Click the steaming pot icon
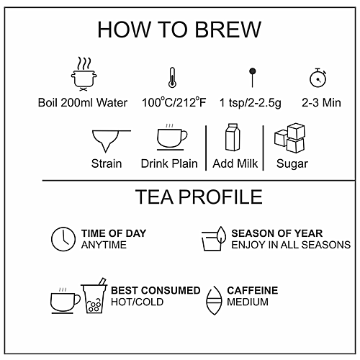click(x=84, y=74)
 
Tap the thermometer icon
click(x=172, y=77)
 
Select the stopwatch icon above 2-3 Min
click(x=318, y=78)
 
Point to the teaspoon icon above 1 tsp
click(x=252, y=78)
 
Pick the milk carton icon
click(x=233, y=138)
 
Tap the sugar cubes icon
click(x=290, y=138)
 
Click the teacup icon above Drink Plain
click(x=172, y=137)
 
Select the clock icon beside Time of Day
click(x=63, y=239)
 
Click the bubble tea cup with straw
click(x=94, y=296)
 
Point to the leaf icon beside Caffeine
click(x=214, y=300)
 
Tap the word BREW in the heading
click(x=228, y=30)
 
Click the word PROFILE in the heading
click(x=220, y=197)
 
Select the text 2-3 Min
click(x=321, y=103)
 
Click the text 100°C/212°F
click(x=174, y=102)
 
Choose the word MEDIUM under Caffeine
click(x=248, y=302)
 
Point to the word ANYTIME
click(x=104, y=245)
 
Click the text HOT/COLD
click(x=137, y=302)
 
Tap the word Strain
click(x=107, y=163)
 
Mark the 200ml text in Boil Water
click(x=76, y=103)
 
